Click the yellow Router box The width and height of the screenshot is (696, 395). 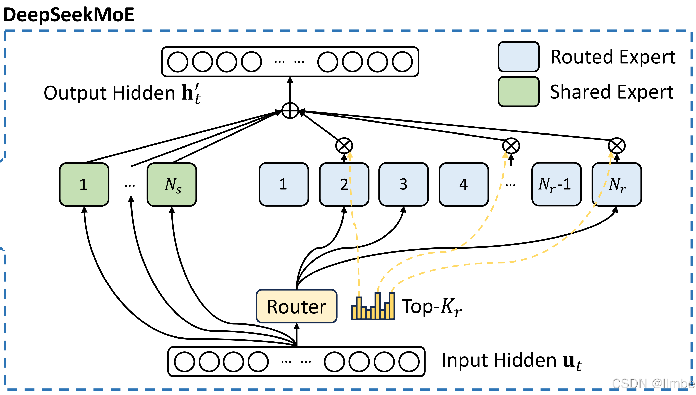[296, 306]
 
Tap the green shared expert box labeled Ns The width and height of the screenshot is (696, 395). [172, 184]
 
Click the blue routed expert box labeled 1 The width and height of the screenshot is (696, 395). [284, 184]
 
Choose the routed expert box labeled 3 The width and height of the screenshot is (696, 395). [403, 184]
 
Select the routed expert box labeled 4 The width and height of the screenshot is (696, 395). [463, 184]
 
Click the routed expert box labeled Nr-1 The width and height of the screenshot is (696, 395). [556, 184]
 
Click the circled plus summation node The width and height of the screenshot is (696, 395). [290, 111]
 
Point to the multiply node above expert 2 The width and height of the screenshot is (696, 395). [344, 146]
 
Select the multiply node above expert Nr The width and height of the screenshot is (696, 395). [617, 146]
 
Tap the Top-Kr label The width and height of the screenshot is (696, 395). [431, 307]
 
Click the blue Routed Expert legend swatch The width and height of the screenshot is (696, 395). [519, 57]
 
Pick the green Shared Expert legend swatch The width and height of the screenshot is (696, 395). [519, 92]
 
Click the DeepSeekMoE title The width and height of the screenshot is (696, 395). [69, 15]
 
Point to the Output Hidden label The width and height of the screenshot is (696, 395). [122, 93]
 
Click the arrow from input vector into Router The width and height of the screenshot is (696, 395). [297, 335]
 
